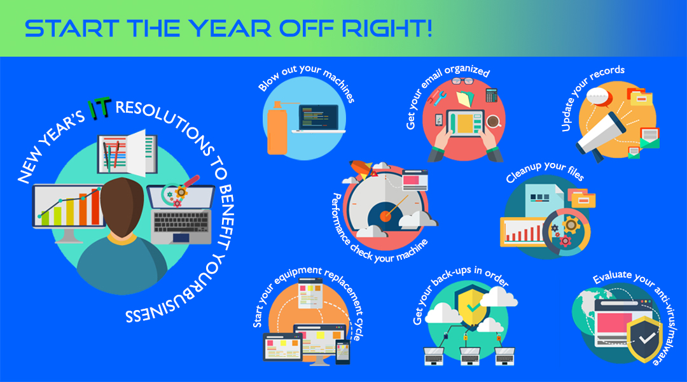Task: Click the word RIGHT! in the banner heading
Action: coord(387,29)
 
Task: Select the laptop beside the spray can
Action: coord(317,118)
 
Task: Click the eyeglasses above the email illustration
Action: coord(462,81)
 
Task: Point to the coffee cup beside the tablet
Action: coord(494,121)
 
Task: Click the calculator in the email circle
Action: coord(492,95)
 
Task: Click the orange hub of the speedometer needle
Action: coord(385,216)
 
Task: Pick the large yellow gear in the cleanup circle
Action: coord(571,225)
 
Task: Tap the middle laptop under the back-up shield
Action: coord(469,356)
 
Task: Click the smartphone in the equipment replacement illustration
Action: coord(343,352)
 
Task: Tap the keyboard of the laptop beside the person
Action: coord(181,222)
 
